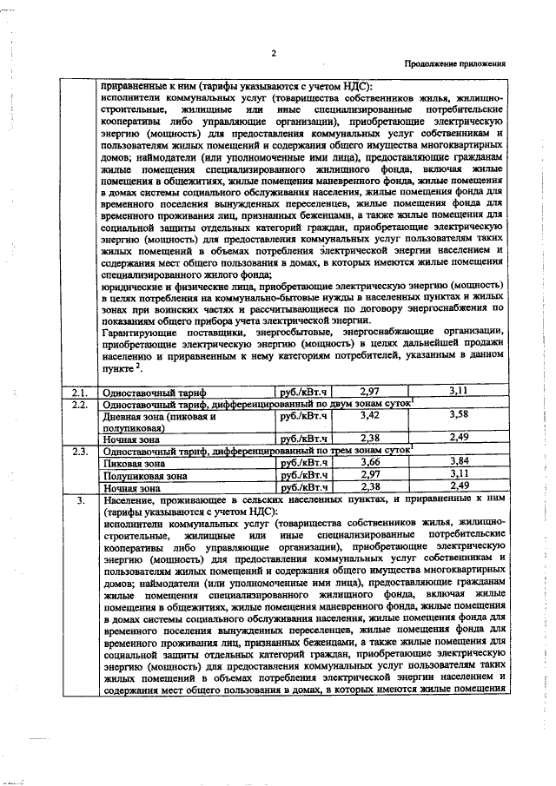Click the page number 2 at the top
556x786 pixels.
pyautogui.click(x=274, y=52)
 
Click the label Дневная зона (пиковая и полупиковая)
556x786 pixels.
pyautogui.click(x=156, y=422)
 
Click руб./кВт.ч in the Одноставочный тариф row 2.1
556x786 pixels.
pyautogui.click(x=303, y=393)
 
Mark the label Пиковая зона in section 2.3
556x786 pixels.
pyautogui.click(x=133, y=464)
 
